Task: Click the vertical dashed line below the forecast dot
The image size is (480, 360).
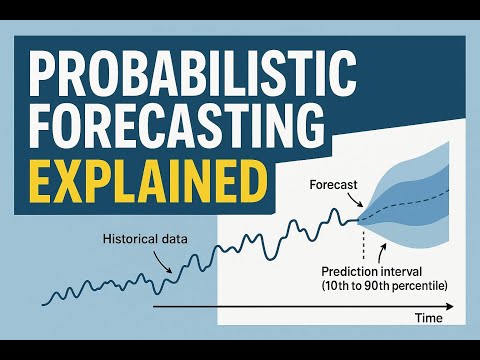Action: coord(363,245)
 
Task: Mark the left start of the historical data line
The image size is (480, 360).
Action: coord(44,300)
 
